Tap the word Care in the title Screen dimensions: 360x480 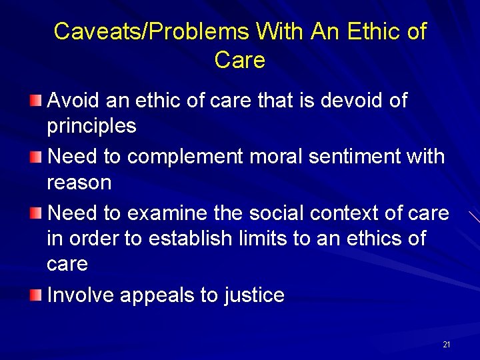click(x=240, y=60)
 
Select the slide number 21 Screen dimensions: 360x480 click(x=446, y=345)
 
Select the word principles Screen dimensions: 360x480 click(x=91, y=126)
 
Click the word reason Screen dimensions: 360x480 click(x=79, y=182)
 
